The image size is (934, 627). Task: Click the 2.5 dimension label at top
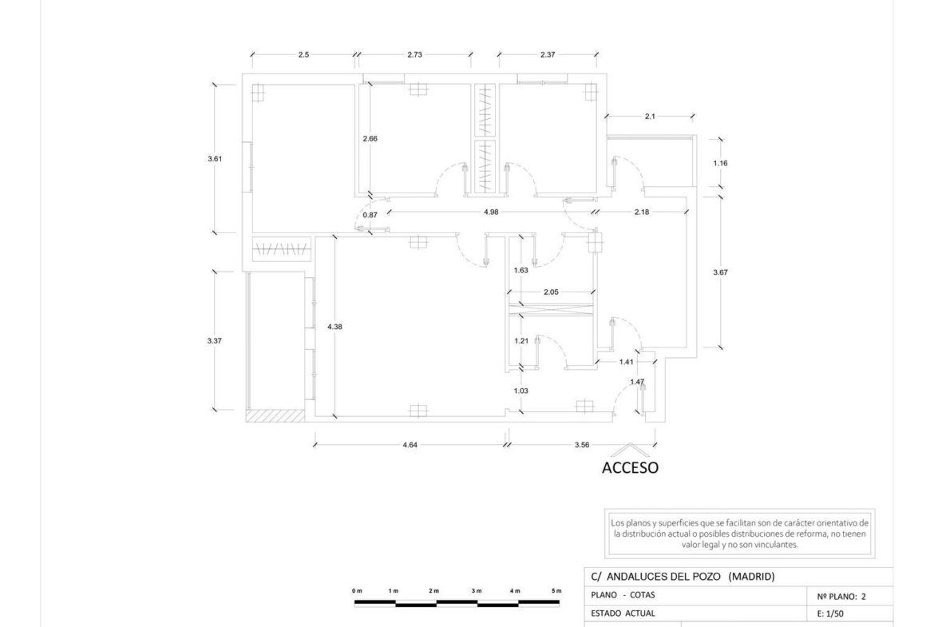click(304, 55)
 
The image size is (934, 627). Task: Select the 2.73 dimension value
click(414, 55)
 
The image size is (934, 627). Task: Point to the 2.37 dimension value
click(548, 55)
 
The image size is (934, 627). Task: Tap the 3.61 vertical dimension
click(215, 158)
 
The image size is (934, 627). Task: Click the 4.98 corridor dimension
click(491, 212)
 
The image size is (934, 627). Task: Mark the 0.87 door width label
click(370, 215)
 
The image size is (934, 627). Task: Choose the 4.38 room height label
click(334, 327)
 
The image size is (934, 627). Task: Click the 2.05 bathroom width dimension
click(551, 292)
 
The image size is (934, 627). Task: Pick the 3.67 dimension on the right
click(720, 272)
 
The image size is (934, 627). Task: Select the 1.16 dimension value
click(720, 163)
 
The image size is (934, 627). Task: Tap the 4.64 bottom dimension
click(410, 445)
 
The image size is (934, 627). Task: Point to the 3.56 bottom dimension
click(582, 445)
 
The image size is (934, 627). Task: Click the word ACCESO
click(630, 468)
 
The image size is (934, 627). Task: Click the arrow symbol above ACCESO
click(629, 448)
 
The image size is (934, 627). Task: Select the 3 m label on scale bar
click(477, 590)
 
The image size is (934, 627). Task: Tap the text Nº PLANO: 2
click(841, 596)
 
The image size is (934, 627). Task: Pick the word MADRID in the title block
click(752, 577)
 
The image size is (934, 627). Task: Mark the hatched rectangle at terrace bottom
click(275, 415)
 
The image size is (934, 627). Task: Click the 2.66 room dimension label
click(370, 139)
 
